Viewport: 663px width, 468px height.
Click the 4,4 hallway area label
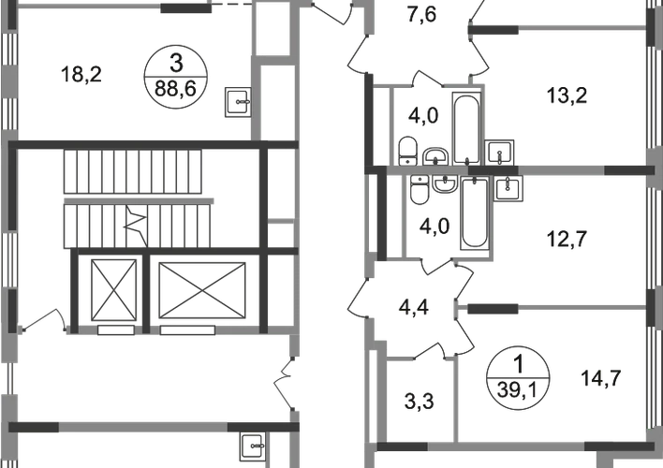coord(411,303)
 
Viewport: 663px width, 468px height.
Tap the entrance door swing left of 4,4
coord(357,303)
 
